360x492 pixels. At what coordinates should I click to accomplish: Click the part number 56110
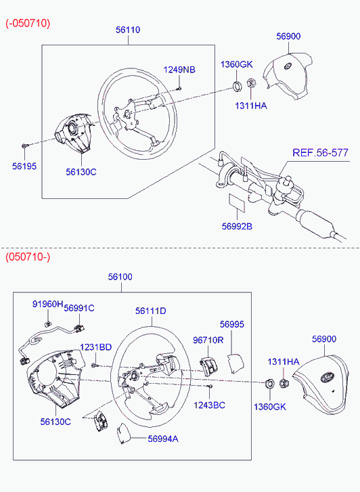(128, 30)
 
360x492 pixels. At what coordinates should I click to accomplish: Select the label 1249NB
(179, 69)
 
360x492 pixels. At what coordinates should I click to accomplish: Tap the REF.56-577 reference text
(320, 153)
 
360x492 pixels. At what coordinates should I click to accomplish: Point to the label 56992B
(237, 226)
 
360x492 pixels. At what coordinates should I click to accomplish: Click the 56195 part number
(24, 166)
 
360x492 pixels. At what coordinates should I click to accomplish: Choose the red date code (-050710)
(28, 23)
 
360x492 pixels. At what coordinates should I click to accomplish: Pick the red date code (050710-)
(28, 257)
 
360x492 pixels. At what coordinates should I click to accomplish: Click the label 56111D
(151, 311)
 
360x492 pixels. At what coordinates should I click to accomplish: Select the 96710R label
(208, 340)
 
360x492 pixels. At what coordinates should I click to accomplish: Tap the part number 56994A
(163, 439)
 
